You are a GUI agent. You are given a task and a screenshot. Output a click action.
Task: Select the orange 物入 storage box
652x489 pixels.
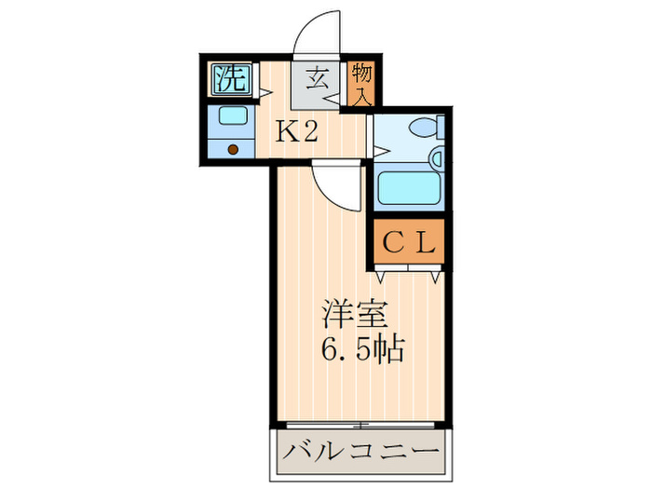(361, 83)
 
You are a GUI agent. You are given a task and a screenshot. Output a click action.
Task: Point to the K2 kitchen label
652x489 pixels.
(296, 131)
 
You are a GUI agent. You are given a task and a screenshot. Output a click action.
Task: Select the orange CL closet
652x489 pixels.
(409, 245)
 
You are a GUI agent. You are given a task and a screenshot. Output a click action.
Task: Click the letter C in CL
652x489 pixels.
(395, 245)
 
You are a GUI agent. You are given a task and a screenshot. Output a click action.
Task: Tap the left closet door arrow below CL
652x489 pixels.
(383, 277)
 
